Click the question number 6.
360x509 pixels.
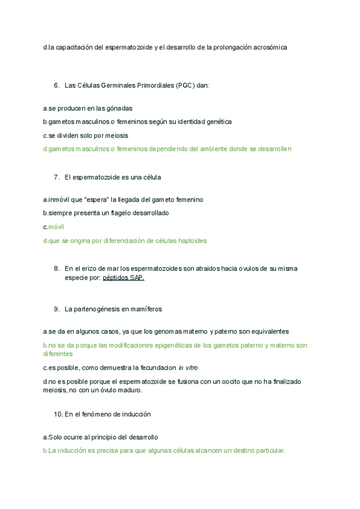tap(56, 85)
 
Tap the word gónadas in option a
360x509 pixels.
tap(119, 108)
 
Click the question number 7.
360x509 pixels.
tap(56, 177)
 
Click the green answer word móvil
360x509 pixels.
tap(56, 227)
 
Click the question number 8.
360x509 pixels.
tap(56, 268)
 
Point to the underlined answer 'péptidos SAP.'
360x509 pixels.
tap(124, 278)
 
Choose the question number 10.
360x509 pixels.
tap(58, 414)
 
